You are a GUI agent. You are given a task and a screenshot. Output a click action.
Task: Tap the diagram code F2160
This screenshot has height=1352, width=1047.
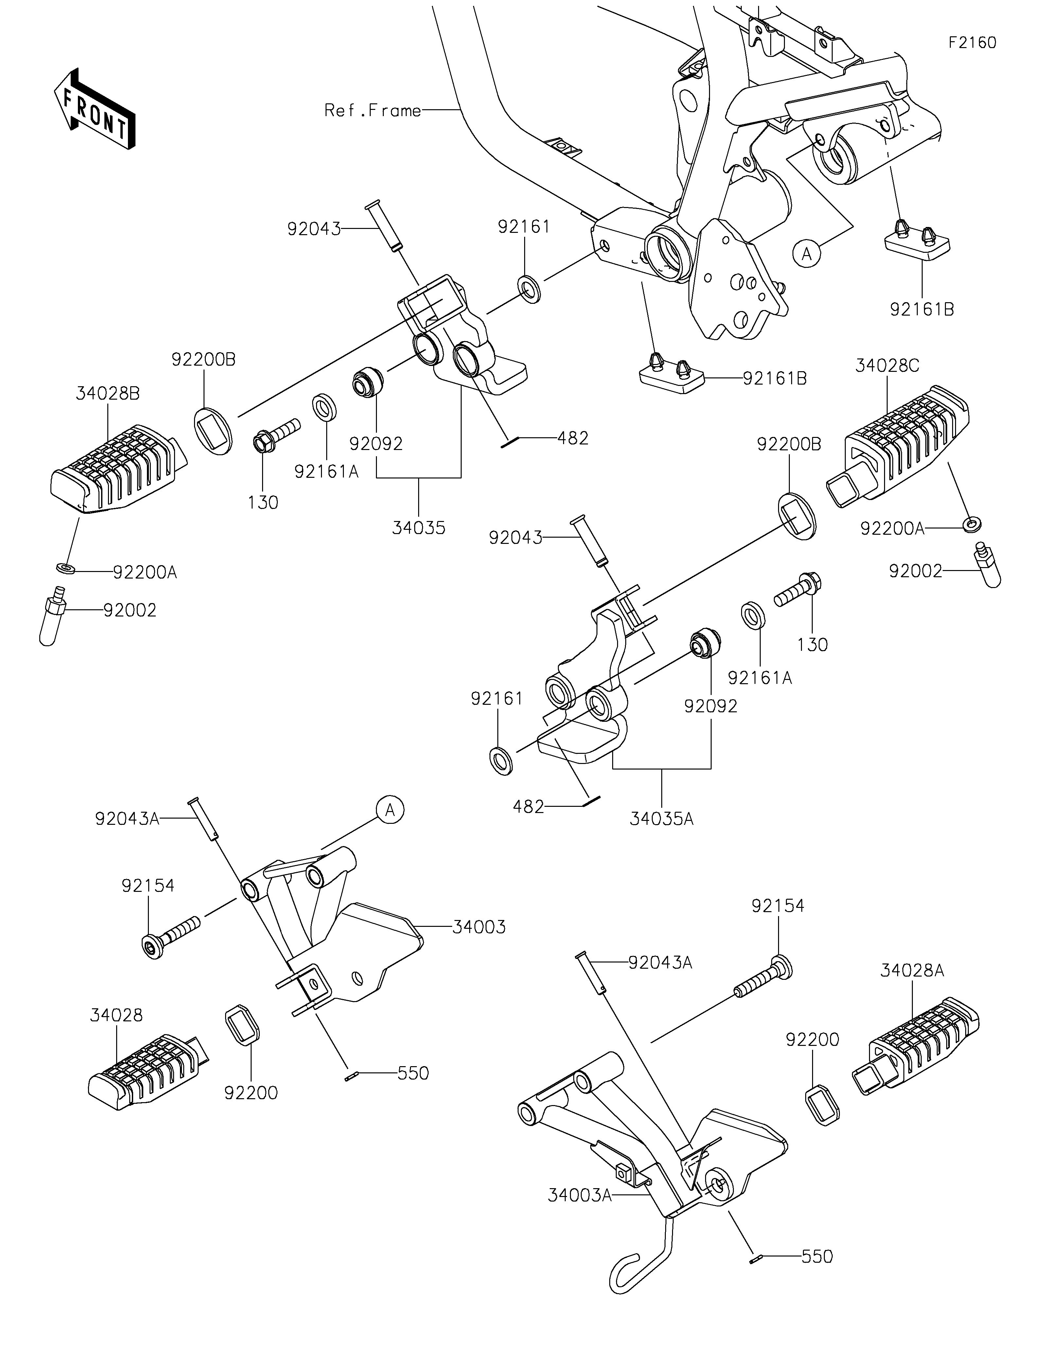tap(973, 43)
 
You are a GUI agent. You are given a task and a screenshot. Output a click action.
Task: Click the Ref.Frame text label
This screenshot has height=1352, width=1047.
tap(373, 111)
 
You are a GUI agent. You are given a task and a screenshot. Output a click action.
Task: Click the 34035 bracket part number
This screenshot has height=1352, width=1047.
tap(418, 528)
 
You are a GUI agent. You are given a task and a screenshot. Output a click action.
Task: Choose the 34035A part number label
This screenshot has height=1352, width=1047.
tap(661, 819)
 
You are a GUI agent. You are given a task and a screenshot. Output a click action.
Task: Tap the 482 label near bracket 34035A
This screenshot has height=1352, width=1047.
tap(529, 806)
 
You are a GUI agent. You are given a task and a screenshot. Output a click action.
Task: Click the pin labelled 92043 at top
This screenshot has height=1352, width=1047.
tap(384, 225)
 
